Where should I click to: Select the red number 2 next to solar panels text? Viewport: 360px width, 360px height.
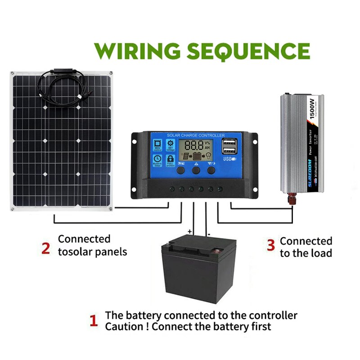(x=45, y=248)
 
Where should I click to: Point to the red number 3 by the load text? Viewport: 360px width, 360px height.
(x=270, y=245)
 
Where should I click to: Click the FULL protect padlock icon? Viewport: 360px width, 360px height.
(x=170, y=160)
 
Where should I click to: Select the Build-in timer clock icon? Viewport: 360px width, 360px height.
(x=157, y=160)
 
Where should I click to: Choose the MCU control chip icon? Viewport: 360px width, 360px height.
(x=157, y=145)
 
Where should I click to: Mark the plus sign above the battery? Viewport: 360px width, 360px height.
(x=190, y=232)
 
